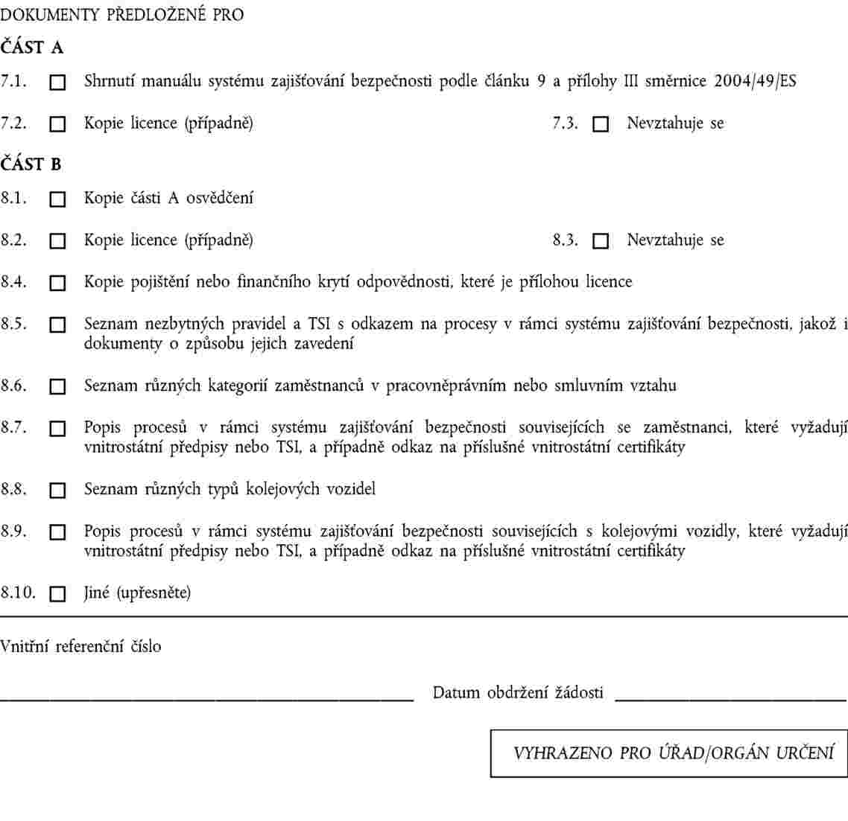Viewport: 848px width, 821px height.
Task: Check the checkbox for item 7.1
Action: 57,83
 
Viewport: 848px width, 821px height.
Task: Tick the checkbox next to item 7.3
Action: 601,125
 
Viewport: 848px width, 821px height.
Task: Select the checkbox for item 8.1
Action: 57,199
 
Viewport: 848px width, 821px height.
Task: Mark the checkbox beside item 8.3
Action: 601,242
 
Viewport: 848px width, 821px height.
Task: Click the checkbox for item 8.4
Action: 57,284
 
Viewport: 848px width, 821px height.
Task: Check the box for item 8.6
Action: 57,387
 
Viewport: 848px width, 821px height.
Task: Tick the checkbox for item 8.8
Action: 57,491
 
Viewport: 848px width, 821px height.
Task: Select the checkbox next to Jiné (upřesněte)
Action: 57,594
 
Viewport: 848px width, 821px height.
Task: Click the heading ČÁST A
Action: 32,48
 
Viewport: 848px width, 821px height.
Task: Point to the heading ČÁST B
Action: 31,164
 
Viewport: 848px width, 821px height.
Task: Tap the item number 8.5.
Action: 14,325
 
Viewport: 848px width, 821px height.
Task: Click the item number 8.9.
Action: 14,531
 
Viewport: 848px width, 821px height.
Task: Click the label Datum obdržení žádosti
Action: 518,692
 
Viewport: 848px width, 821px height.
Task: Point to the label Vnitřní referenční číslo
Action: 80,646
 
